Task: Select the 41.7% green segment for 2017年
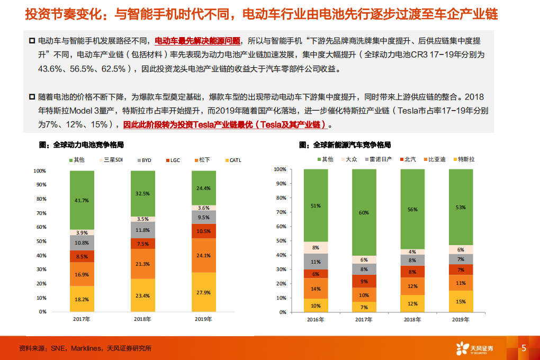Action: click(x=82, y=201)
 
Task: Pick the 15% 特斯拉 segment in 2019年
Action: click(x=460, y=301)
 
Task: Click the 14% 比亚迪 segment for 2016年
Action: click(x=316, y=289)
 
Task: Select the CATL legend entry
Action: click(x=233, y=160)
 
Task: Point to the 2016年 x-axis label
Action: click(x=316, y=320)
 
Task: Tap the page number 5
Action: click(x=524, y=348)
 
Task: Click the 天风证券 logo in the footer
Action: click(x=475, y=348)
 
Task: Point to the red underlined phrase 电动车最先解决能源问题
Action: click(x=197, y=40)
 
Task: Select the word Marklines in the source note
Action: click(x=86, y=349)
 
